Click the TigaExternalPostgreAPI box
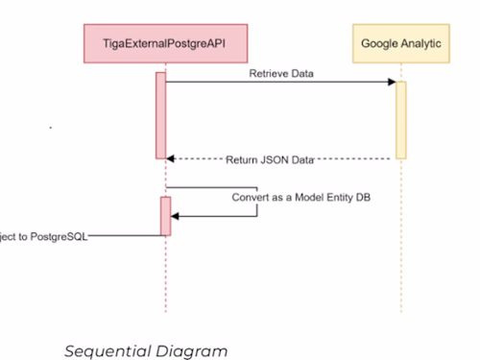pyautogui.click(x=164, y=44)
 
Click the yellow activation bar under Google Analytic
pyautogui.click(x=401, y=119)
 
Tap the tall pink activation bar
pyautogui.click(x=161, y=114)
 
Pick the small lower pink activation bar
pyautogui.click(x=165, y=216)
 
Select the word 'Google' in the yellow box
pyautogui.click(x=381, y=44)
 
